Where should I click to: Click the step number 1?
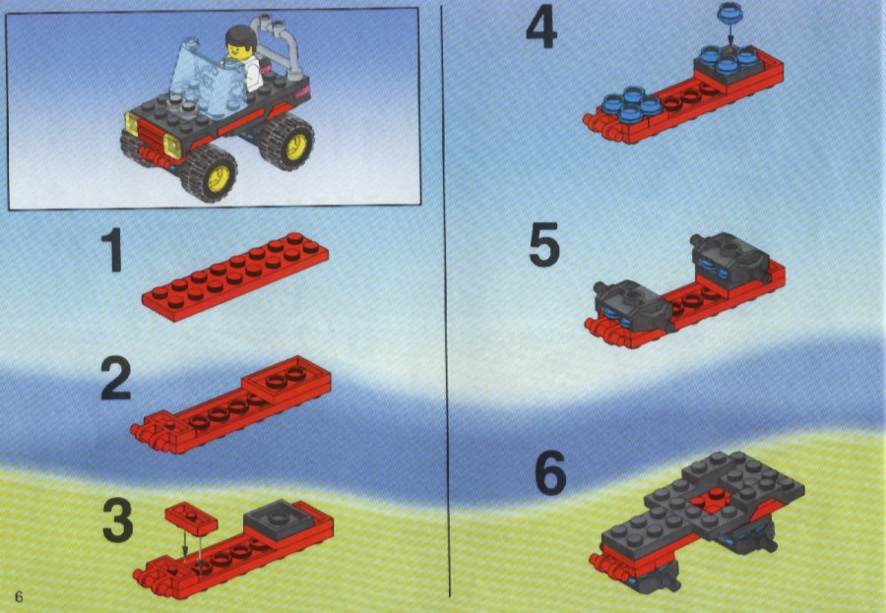click(x=113, y=250)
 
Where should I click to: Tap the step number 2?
click(x=116, y=380)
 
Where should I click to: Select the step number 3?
click(x=118, y=520)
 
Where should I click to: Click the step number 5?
click(x=544, y=244)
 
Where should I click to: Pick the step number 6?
click(x=549, y=472)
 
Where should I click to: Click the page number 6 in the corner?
click(x=19, y=597)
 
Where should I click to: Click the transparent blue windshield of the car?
click(x=207, y=77)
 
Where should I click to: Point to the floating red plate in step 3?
click(x=191, y=518)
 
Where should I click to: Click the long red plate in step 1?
click(x=235, y=276)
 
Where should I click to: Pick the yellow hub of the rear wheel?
click(x=296, y=147)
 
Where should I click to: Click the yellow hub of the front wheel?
click(x=219, y=178)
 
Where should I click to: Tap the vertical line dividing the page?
click(x=446, y=299)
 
